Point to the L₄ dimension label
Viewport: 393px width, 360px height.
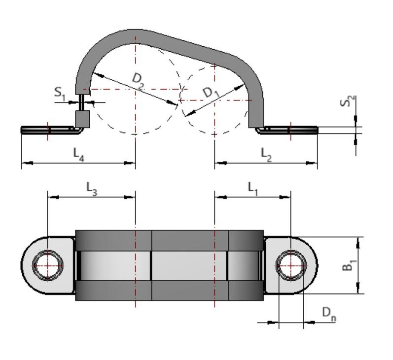(x=79, y=154)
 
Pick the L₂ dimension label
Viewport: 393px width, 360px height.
(x=266, y=154)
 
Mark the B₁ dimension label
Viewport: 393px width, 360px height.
(x=349, y=265)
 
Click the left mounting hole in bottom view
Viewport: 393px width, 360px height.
(x=47, y=265)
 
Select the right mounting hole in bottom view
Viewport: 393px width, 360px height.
(x=290, y=265)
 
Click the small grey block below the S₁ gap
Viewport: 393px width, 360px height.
(x=82, y=119)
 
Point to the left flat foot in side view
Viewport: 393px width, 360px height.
(x=47, y=130)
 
